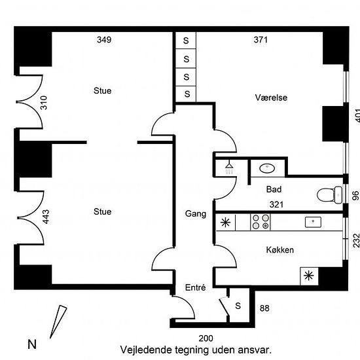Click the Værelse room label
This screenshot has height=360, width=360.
[271, 98]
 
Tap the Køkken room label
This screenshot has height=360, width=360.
[280, 250]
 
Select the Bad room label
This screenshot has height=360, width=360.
[274, 189]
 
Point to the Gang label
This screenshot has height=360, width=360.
[196, 214]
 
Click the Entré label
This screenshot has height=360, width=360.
[196, 287]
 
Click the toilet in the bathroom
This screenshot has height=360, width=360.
[330, 195]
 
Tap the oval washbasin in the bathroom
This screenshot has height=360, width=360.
[267, 168]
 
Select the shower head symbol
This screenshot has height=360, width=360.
[229, 168]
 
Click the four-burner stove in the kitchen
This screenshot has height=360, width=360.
[261, 222]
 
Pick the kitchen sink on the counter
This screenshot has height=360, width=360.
[313, 222]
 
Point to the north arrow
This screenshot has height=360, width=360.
[58, 321]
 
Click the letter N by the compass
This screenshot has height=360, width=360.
[32, 344]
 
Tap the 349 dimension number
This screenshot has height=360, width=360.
[104, 40]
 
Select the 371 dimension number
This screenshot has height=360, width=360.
[261, 40]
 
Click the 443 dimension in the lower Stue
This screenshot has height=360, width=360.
[46, 217]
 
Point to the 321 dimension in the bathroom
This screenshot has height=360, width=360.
[276, 205]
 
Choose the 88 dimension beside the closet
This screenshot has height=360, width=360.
[264, 308]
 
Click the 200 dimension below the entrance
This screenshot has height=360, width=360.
[206, 338]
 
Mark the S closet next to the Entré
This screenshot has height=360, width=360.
[238, 306]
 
